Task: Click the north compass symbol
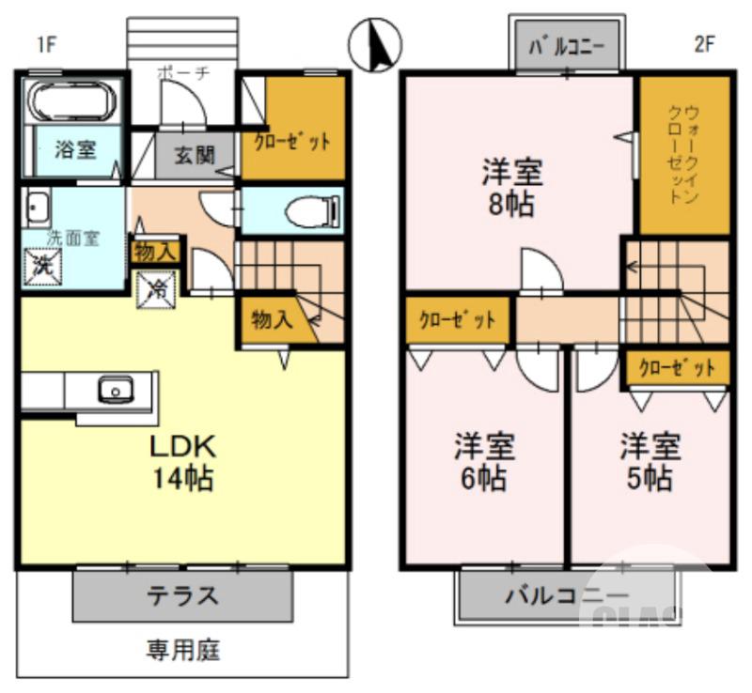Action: click(375, 45)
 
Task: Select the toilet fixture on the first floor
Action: click(306, 211)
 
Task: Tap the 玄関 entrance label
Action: click(195, 155)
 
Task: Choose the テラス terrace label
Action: click(182, 595)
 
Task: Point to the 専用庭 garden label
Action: click(182, 648)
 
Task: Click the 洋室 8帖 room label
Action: click(512, 188)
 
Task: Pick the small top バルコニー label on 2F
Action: click(567, 46)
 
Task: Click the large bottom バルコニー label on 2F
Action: click(566, 595)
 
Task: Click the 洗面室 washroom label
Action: click(73, 238)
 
